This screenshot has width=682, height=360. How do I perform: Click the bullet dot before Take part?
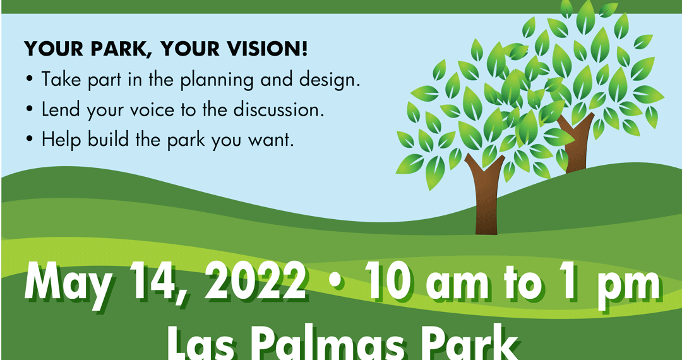click(29, 81)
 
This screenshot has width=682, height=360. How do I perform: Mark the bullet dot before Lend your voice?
click(29, 111)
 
